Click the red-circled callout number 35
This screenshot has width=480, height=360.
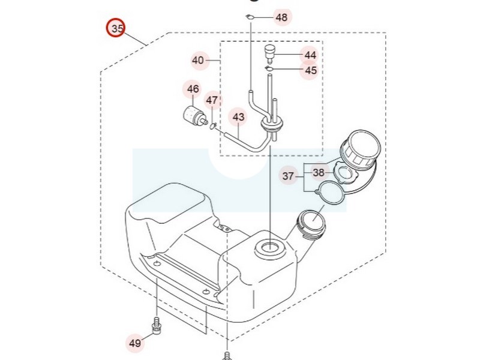pos(115,28)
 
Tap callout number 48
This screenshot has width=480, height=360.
pos(281,17)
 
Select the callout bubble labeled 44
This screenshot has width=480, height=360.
pos(310,55)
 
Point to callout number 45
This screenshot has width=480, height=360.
pos(310,70)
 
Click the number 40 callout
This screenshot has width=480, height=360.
pos(199,60)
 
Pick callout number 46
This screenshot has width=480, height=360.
pos(193,89)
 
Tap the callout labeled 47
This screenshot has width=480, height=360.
pos(212,100)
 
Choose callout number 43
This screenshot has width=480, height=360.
pos(238,117)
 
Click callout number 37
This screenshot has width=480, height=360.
pos(289,176)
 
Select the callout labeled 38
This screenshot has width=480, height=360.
pos(319,172)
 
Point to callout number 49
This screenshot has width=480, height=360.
pos(135,343)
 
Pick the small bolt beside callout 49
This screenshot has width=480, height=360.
pos(157,325)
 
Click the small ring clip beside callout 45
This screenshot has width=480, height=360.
pos(269,70)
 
